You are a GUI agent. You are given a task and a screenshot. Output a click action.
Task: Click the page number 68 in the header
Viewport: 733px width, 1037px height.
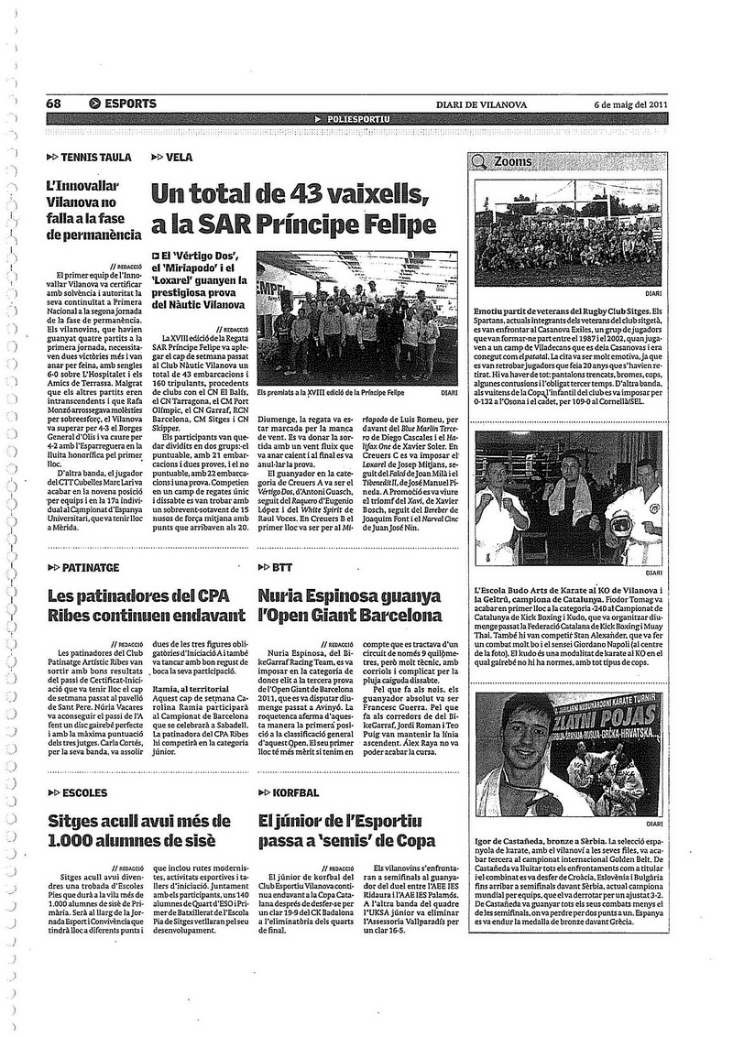tap(54, 104)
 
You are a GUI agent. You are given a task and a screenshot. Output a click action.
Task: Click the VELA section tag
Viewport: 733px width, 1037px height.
tap(180, 157)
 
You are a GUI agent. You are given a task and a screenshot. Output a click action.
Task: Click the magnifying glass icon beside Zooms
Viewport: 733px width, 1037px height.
tap(479, 161)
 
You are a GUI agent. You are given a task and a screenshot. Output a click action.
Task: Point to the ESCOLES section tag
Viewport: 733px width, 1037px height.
tap(86, 792)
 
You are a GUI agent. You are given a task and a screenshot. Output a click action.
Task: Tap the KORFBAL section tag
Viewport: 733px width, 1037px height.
tap(295, 792)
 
